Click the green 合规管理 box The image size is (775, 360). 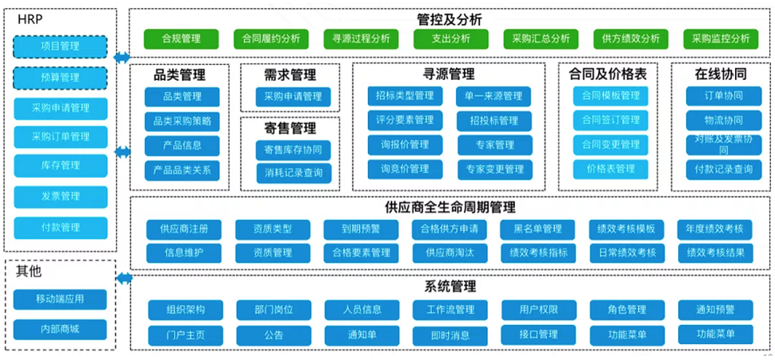click(181, 38)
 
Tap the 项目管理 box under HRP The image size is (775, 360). click(60, 47)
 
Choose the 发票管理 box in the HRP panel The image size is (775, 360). click(60, 197)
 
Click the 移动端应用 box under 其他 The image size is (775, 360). click(60, 299)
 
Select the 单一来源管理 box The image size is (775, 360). click(493, 97)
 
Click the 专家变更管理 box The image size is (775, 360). click(493, 170)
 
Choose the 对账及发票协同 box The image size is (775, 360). click(719, 145)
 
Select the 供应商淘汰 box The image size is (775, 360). click(449, 253)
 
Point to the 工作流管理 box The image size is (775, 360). click(449, 310)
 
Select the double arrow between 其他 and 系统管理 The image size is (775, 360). click(123, 278)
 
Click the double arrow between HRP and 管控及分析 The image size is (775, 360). click(122, 58)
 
